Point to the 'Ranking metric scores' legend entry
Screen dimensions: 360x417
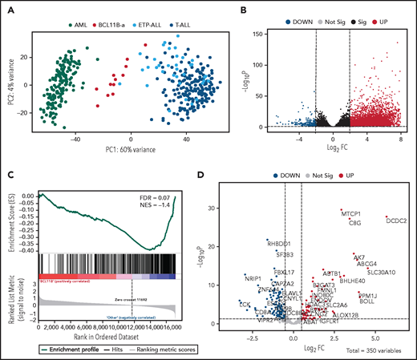pyautogui.click(x=159, y=350)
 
